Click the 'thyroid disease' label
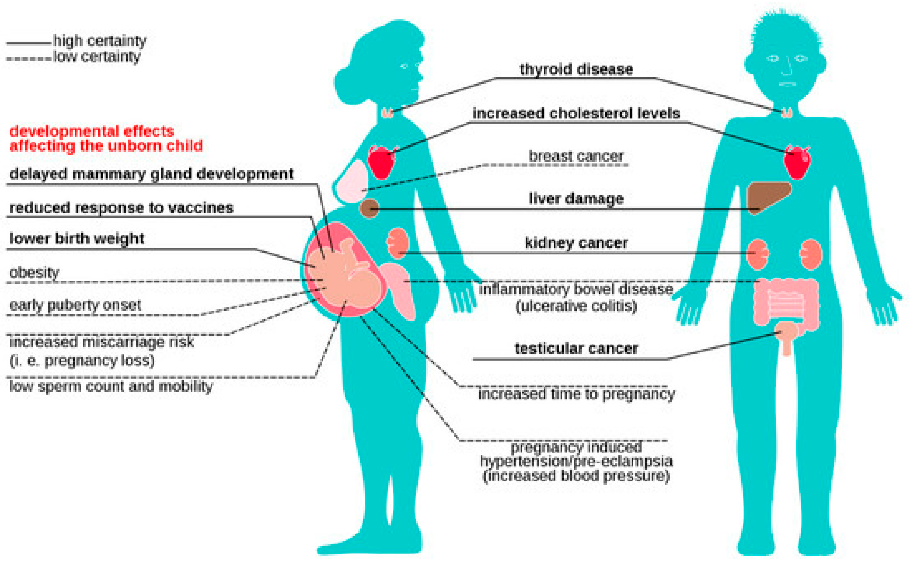click(576, 69)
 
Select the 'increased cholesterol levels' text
click(576, 114)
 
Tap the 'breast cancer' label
click(576, 156)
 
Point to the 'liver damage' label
click(576, 199)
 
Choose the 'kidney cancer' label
click(576, 242)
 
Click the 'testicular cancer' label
click(576, 349)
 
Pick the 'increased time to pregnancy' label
click(576, 394)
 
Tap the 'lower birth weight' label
click(77, 239)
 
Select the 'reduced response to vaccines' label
click(121, 208)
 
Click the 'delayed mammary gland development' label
click(151, 174)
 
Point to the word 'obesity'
click(34, 273)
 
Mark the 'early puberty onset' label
click(75, 305)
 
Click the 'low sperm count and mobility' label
click(111, 386)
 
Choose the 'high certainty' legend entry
click(100, 40)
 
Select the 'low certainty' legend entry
click(97, 57)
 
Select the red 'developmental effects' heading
click(105, 139)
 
